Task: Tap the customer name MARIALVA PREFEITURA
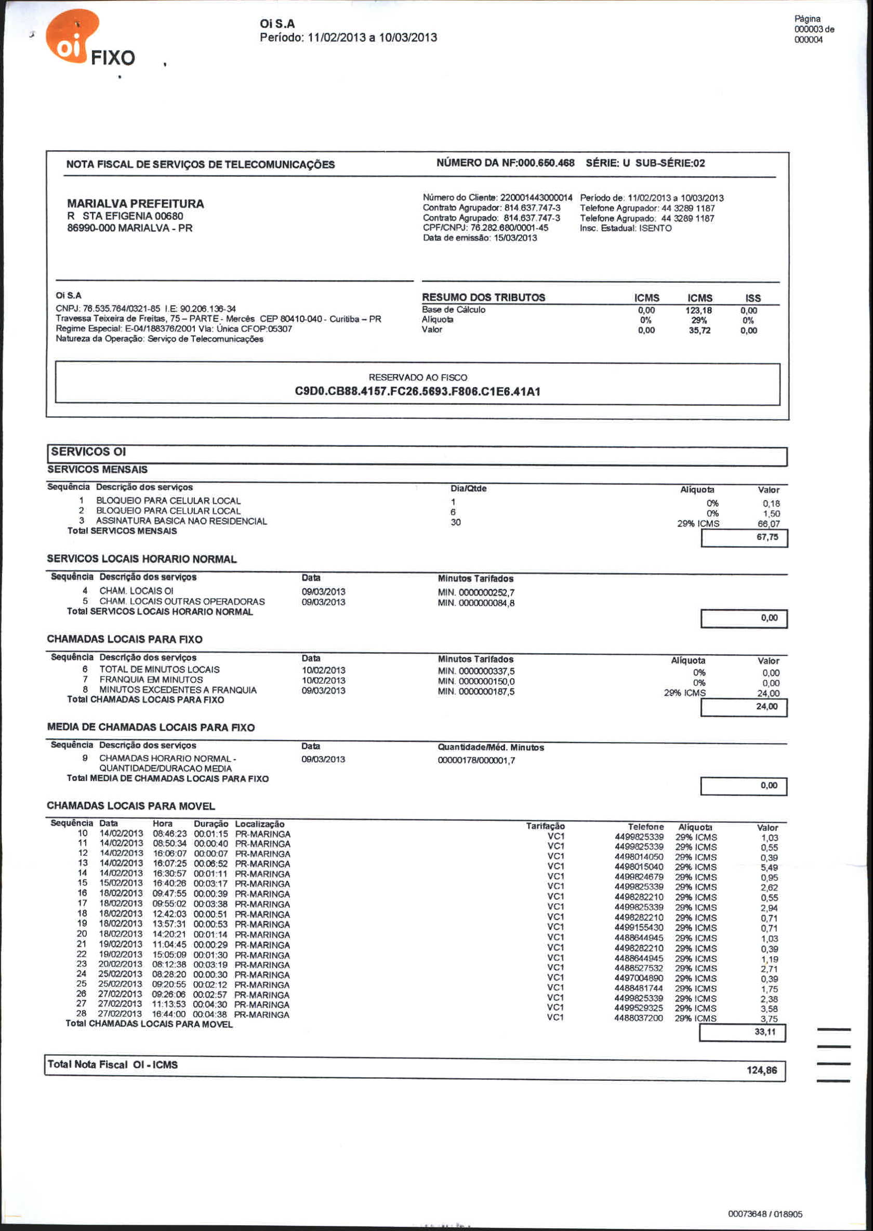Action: coord(136,204)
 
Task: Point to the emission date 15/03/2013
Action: coord(515,238)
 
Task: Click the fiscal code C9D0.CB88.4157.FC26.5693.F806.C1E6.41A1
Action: coord(417,391)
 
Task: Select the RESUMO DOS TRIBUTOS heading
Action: coord(483,297)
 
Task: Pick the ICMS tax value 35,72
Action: coord(699,330)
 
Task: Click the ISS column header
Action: coord(752,298)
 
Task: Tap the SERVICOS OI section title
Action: coord(89,452)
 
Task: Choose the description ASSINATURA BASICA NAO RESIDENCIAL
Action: coord(181,521)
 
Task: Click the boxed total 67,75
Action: coord(767,537)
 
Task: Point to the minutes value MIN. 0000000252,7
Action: coord(476,592)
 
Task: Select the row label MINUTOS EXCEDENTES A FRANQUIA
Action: coord(178,690)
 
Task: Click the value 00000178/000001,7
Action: coord(477,760)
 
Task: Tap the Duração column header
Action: coord(211,824)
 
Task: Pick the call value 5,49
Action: coord(769,868)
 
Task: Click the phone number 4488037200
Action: coord(639,1018)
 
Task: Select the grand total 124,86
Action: coord(761,1070)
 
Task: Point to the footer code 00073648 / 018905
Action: coord(765,1214)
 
